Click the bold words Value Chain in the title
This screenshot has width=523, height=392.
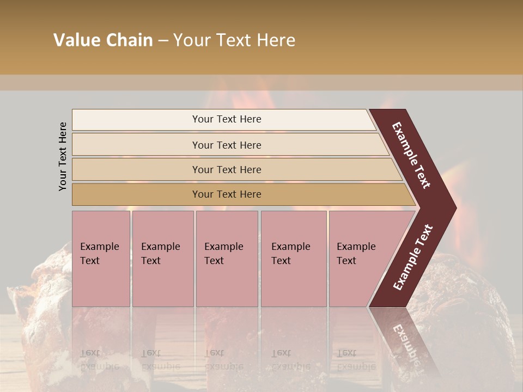tap(103, 40)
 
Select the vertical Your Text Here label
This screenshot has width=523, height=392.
tap(63, 156)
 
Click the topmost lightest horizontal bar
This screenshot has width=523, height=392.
tap(136, 120)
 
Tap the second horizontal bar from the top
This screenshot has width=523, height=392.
tap(136, 145)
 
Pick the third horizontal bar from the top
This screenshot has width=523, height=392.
tap(136, 169)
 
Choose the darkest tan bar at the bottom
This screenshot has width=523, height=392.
tap(136, 194)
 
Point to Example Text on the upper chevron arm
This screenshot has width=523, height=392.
tap(411, 155)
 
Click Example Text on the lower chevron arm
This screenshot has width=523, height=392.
tap(412, 257)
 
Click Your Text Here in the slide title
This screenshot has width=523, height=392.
tap(234, 40)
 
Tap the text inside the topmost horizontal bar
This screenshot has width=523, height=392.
tap(227, 119)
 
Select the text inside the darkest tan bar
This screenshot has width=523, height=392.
tap(227, 194)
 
